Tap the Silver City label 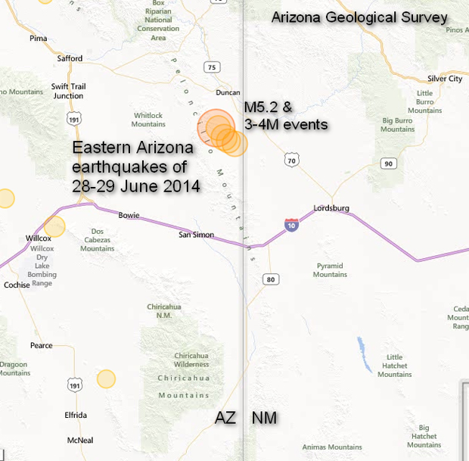445,79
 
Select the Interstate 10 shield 291,225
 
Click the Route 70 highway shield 292,160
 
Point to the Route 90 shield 388,164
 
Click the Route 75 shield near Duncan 212,67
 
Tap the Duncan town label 227,93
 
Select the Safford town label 70,58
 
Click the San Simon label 196,235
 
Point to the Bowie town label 129,216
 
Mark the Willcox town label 39,238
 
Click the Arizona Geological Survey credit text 359,17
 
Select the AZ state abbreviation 225,418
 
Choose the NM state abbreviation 264,418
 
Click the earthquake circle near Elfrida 106,378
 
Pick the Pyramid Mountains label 330,270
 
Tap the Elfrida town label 76,415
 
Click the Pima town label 38,37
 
